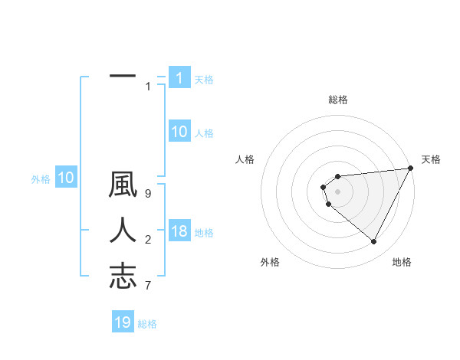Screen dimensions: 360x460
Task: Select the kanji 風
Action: [x=123, y=186]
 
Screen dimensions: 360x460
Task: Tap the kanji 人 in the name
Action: [x=123, y=231]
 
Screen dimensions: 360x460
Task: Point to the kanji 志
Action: [x=123, y=275]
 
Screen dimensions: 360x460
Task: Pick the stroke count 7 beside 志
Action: [x=148, y=285]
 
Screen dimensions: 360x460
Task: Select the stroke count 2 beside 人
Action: [x=148, y=241]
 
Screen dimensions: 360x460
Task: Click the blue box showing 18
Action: [x=179, y=231]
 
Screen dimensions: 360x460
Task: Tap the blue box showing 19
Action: [x=123, y=322]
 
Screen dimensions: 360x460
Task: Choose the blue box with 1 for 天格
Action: [x=179, y=77]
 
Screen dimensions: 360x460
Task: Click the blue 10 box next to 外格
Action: [x=65, y=178]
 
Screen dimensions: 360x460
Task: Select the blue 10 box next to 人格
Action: [x=179, y=132]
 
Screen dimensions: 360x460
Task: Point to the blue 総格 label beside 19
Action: [x=147, y=324]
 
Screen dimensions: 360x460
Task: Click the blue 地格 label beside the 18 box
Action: [x=204, y=232]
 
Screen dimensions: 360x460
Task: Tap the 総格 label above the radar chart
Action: [x=337, y=100]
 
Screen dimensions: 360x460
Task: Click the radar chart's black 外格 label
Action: [x=270, y=262]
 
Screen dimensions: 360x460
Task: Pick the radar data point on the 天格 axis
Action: [x=412, y=169]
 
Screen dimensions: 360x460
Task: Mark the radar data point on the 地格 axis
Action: [x=374, y=242]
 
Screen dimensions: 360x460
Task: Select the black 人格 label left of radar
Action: [x=245, y=159]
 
